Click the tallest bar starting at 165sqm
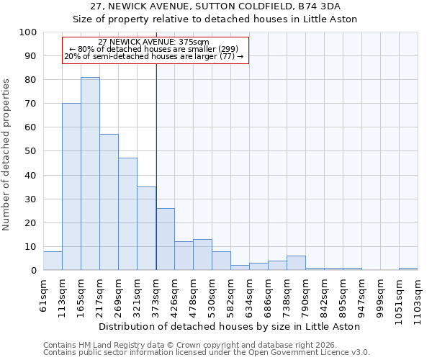[x=90, y=174]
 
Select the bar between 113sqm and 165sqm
[x=71, y=186]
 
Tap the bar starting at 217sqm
[x=109, y=202]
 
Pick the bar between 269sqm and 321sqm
[x=127, y=214]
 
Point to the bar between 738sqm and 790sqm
[x=296, y=263]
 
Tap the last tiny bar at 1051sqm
[x=408, y=269]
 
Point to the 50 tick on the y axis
[x=30, y=151]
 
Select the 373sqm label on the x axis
[x=156, y=295]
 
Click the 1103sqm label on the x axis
[x=418, y=298]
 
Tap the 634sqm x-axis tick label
[x=249, y=295]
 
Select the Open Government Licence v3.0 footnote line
[x=207, y=353]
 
